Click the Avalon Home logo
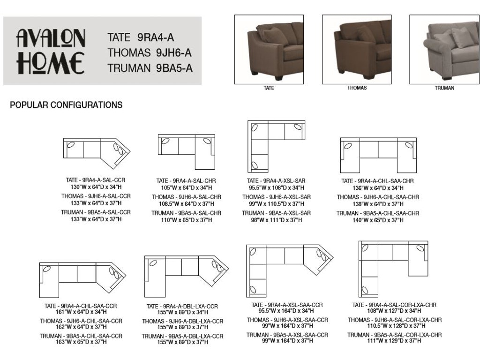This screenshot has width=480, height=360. click(x=51, y=52)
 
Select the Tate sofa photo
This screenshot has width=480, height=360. click(x=269, y=49)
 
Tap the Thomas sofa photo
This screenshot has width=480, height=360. click(x=356, y=49)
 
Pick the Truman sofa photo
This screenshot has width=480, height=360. click(x=444, y=49)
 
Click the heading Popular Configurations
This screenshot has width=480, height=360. click(x=66, y=105)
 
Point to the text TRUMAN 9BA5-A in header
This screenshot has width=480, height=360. click(x=150, y=68)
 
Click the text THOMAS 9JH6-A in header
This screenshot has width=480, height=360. click(x=149, y=52)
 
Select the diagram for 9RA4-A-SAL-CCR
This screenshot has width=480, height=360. click(x=96, y=152)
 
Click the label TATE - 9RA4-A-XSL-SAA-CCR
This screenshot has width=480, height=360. click(x=287, y=305)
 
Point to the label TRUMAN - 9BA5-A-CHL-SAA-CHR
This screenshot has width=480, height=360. click(x=377, y=213)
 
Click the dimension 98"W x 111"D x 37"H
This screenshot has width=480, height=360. click(x=276, y=220)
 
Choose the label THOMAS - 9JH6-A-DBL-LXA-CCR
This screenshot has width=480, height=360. click(x=183, y=322)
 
